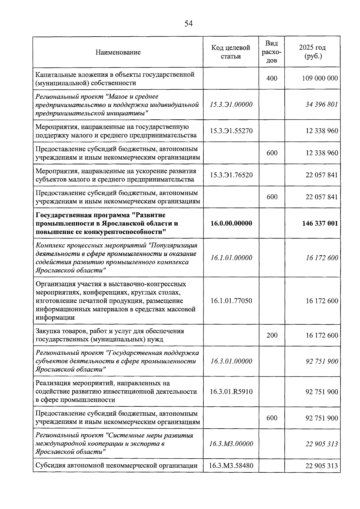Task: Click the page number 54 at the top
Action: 188,24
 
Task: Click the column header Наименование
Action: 118,52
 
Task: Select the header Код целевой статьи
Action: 231,52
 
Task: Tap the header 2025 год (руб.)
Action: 312,52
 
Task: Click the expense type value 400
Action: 272,78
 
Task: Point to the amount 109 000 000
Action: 320,78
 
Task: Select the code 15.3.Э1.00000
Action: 231,104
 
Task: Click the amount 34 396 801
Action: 322,104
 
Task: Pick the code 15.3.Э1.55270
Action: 231,131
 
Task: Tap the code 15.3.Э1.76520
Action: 231,175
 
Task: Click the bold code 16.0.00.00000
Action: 231,223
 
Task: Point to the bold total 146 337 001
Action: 320,223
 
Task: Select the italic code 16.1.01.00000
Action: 231,258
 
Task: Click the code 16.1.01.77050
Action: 231,301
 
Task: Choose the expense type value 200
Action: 272,335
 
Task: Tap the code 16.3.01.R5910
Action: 231,391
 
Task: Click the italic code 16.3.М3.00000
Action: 231,444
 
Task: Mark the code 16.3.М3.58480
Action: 231,466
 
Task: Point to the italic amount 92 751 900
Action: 322,361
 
